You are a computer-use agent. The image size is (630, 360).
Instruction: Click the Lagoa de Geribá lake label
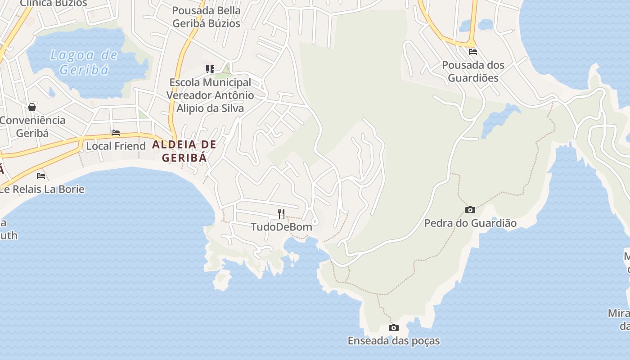tap(84, 63)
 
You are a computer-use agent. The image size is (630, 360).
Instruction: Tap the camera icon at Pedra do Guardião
tap(470, 210)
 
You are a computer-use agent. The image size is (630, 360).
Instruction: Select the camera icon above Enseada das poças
tap(393, 328)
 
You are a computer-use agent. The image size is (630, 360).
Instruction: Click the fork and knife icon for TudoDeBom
tap(281, 213)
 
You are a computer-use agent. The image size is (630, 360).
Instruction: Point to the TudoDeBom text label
tap(281, 227)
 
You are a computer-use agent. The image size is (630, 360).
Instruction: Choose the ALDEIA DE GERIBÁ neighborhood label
tap(184, 151)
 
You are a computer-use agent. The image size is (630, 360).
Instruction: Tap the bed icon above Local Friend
tap(116, 133)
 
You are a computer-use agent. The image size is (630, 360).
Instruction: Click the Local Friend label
tap(116, 146)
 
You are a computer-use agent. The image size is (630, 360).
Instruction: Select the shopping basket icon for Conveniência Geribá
tap(32, 107)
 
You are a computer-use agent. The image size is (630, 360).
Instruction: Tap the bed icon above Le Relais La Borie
tap(41, 175)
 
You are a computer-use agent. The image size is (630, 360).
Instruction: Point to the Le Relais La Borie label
tap(42, 189)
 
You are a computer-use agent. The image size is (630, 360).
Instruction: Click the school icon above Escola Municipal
tap(210, 69)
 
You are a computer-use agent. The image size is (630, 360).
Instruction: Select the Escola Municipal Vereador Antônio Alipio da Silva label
tap(210, 95)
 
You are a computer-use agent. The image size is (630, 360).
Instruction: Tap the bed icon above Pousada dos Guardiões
tap(472, 52)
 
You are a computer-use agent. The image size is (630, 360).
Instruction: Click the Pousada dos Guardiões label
tap(472, 72)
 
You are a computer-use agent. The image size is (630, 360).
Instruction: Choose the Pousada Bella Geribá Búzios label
tap(207, 17)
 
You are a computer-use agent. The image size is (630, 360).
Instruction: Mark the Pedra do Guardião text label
tap(470, 223)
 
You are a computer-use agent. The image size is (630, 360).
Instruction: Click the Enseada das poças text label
tap(394, 341)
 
